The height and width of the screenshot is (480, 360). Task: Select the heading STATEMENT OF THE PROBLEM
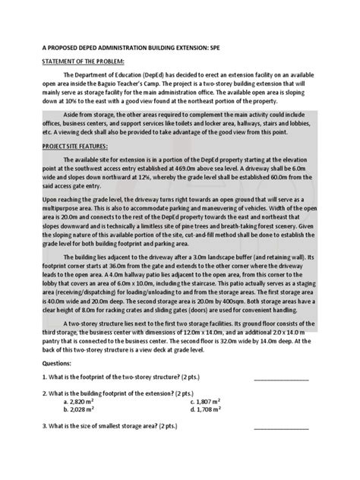[75, 61]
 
